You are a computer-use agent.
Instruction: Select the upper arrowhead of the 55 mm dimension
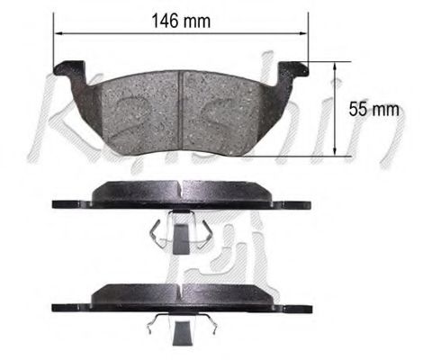[337, 67]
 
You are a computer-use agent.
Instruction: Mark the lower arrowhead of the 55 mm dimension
[337, 153]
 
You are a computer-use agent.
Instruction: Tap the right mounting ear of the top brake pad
[294, 70]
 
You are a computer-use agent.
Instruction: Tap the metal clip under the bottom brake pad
[182, 330]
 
